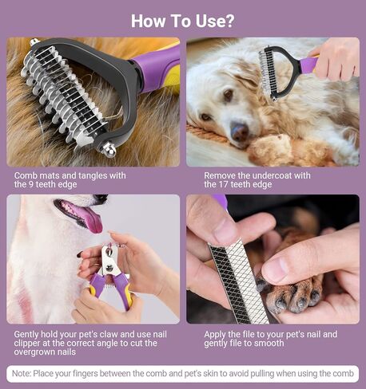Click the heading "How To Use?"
coord(183,20)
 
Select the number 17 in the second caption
coord(234,184)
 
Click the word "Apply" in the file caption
coord(217,334)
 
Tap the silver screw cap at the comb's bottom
coord(108,149)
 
